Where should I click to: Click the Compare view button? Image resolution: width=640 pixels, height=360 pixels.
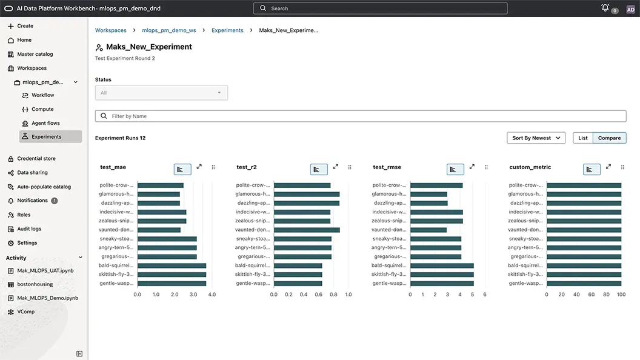[609, 138]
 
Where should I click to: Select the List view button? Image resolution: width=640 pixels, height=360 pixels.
[583, 138]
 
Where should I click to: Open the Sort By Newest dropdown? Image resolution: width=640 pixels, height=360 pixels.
[536, 138]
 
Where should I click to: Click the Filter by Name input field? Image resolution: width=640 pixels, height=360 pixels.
[361, 116]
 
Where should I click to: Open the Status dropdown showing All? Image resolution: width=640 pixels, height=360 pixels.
[161, 93]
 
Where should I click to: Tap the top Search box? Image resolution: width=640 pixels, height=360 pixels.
[380, 8]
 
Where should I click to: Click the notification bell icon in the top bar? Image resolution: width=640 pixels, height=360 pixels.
[605, 8]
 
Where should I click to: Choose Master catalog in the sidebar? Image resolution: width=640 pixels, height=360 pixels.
[35, 54]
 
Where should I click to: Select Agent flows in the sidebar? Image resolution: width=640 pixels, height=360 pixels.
[45, 123]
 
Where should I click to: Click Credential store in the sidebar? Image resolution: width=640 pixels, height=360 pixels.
[36, 158]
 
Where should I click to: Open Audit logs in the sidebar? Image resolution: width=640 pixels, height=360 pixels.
[29, 228]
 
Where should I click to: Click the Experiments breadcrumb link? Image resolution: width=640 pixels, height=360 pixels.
[227, 30]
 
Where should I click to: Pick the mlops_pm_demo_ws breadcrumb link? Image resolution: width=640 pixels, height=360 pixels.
[169, 30]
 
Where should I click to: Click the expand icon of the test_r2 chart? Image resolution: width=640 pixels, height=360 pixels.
[336, 167]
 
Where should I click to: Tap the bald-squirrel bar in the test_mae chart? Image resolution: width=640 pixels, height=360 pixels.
[172, 265]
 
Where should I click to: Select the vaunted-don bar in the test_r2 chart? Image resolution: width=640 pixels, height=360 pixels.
[307, 230]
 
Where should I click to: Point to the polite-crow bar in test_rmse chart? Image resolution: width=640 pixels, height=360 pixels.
[436, 185]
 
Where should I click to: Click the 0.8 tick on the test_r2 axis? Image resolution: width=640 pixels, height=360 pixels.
[333, 295]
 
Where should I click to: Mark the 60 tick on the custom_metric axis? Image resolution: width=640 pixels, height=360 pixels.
[592, 295]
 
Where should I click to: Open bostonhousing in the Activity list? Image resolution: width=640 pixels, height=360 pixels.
[35, 284]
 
